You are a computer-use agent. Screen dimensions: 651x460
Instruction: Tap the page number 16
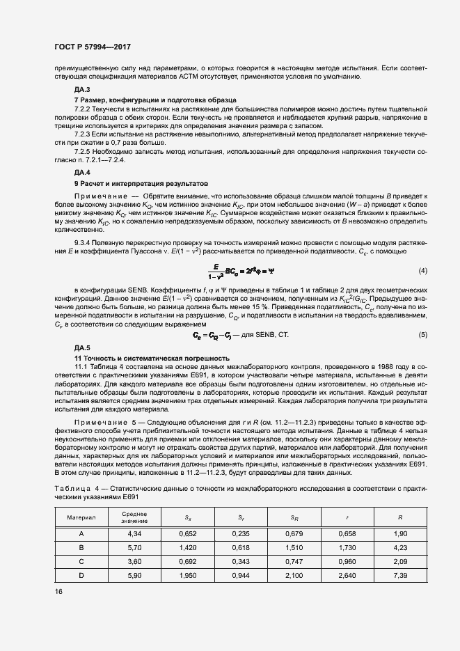58,591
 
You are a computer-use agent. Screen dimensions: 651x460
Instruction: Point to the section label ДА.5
82,347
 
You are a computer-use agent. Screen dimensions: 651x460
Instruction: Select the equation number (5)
422,335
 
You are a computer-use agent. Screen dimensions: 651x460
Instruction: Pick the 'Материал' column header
81,518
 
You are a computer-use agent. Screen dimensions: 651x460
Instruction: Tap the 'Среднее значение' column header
134,517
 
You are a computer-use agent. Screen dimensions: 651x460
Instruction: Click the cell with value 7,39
400,576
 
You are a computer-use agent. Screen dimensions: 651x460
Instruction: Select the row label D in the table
81,576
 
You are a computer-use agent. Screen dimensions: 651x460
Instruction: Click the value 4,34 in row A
134,533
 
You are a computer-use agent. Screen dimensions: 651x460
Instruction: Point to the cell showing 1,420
188,547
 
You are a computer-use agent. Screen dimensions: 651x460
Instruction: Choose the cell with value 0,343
241,561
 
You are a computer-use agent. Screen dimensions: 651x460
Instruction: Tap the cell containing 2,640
347,576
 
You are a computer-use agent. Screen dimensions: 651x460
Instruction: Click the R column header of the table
400,518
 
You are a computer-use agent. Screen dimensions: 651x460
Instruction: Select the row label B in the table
81,547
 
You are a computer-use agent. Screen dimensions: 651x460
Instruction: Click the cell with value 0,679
294,533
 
